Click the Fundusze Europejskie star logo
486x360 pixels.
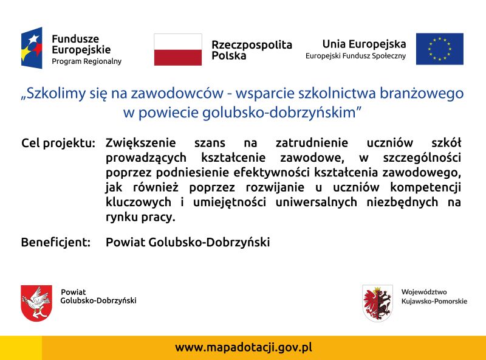point(32,48)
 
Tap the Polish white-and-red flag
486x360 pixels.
point(178,50)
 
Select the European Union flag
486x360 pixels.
point(439,49)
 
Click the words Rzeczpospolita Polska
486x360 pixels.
point(252,50)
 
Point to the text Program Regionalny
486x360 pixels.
point(86,61)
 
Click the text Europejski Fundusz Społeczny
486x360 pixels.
point(355,56)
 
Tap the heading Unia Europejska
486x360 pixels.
point(364,44)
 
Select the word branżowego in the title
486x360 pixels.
point(422,94)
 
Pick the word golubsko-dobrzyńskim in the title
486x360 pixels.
point(279,112)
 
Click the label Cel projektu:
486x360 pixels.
point(58,144)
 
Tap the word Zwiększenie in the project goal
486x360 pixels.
point(141,144)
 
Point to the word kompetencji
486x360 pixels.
point(426,188)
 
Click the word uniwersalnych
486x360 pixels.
point(316,202)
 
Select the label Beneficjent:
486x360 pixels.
point(56,242)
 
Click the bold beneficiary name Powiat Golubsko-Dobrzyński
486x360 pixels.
point(188,243)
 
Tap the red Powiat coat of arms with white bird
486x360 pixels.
point(36,303)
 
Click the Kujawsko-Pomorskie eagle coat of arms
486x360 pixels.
point(377,303)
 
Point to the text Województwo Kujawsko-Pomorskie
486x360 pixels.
point(434,297)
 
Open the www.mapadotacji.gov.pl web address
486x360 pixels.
point(244,347)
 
